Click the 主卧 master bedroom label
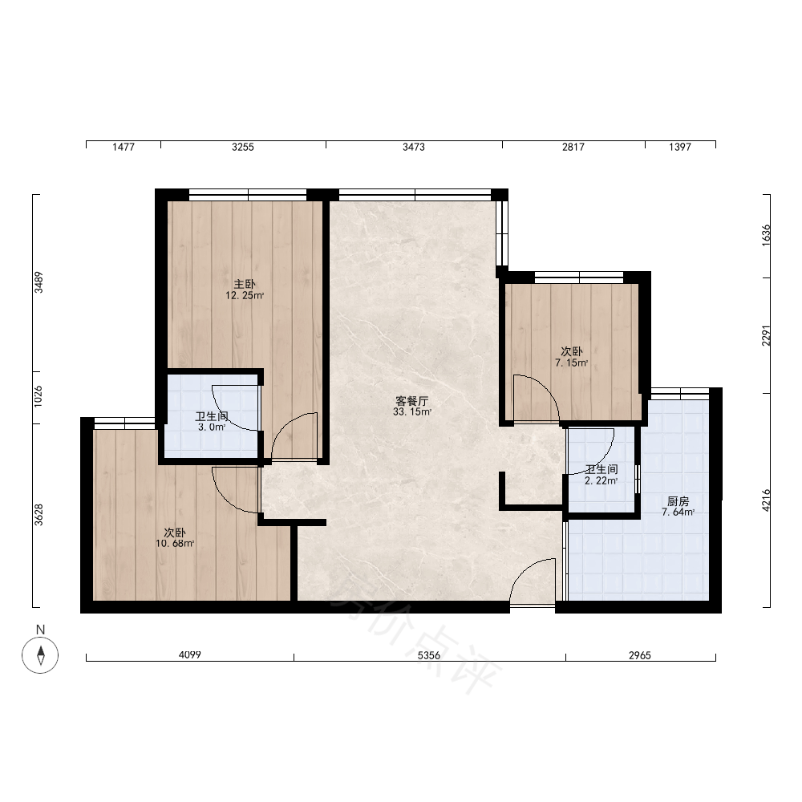[x=245, y=284]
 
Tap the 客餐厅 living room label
[x=411, y=401]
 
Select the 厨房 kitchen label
[x=678, y=501]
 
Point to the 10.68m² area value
[x=175, y=543]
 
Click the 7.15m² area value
[x=571, y=363]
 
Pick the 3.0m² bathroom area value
[x=212, y=427]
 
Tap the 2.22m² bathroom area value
[x=601, y=480]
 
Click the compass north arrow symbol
[x=40, y=655]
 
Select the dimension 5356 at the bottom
[x=428, y=655]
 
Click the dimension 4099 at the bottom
[x=190, y=654]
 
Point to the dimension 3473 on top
[x=413, y=147]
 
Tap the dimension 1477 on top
[x=124, y=147]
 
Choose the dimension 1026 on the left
[x=38, y=396]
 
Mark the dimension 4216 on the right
[x=766, y=500]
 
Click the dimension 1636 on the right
[x=766, y=235]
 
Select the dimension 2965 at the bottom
[x=640, y=655]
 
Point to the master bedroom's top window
[x=248, y=194]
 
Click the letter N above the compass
[x=40, y=630]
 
